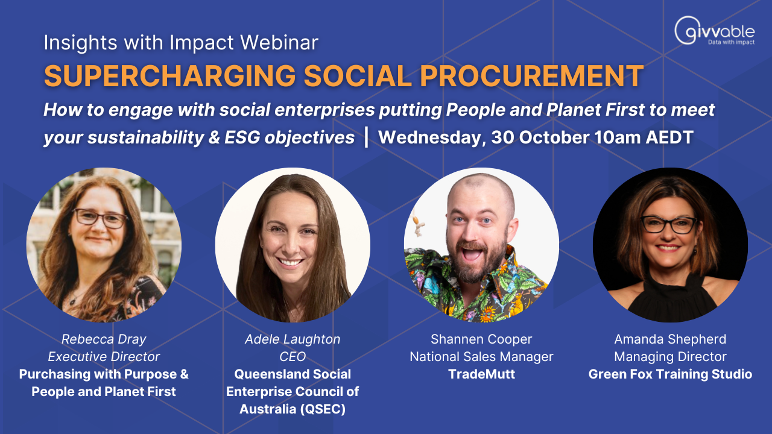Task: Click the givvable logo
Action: coord(715,31)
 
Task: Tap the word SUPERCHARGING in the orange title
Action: coord(170,76)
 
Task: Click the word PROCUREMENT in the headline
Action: coord(531,76)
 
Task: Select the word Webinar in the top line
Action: coord(279,43)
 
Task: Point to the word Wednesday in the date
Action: coord(432,137)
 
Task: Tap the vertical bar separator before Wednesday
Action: coord(366,137)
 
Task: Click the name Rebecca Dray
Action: coord(104,339)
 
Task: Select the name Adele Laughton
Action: coord(293,339)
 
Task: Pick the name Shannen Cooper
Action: coord(481,339)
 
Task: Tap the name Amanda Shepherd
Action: coord(670,339)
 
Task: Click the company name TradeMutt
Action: coord(481,374)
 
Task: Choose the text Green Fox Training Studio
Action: coord(670,374)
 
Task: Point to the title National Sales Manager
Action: coord(481,357)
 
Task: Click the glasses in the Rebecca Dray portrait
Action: coord(101,218)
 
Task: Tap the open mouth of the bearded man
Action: coord(472,254)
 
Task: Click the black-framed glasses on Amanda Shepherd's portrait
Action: coord(669,224)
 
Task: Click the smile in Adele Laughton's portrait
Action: coord(290,262)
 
